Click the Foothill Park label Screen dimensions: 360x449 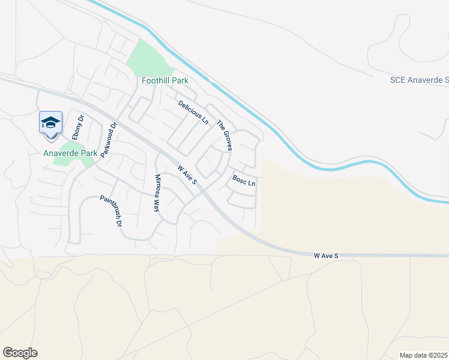pyautogui.click(x=164, y=80)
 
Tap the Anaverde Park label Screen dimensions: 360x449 pyautogui.click(x=70, y=153)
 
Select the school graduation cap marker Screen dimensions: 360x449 pyautogui.click(x=51, y=123)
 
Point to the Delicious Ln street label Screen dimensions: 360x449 pyautogui.click(x=193, y=112)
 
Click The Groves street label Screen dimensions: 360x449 pyautogui.click(x=224, y=135)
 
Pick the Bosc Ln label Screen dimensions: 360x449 pyautogui.click(x=244, y=180)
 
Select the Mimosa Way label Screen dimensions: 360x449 pyautogui.click(x=157, y=193)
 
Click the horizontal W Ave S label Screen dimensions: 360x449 pyautogui.click(x=326, y=256)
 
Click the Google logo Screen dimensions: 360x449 pyautogui.click(x=20, y=353)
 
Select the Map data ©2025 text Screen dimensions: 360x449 pyautogui.click(x=424, y=355)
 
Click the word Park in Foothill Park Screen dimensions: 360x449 pyautogui.click(x=179, y=80)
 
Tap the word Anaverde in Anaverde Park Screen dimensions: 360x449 pyautogui.click(x=61, y=153)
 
